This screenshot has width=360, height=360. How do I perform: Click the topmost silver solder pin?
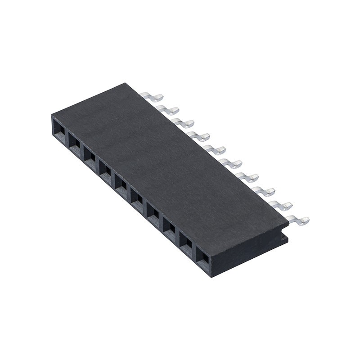click(152, 96)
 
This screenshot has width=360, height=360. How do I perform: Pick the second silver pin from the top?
click(168, 109)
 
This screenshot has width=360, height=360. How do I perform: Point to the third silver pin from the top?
click(184, 123)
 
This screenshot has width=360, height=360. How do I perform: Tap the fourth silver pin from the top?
click(199, 136)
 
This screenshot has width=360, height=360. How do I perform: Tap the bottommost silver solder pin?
click(298, 220)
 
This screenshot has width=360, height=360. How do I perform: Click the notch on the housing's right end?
click(283, 234)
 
